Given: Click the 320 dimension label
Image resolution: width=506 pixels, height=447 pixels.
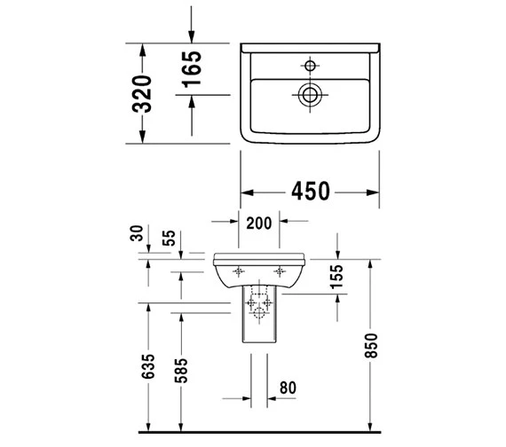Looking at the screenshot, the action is [142, 94].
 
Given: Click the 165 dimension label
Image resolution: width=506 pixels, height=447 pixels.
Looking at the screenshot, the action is [192, 69].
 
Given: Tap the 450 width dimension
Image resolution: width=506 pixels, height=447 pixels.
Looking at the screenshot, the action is [311, 192].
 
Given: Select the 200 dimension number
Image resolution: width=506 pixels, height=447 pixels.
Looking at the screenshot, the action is [259, 223].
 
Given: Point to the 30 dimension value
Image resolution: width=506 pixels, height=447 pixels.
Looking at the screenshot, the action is [137, 233].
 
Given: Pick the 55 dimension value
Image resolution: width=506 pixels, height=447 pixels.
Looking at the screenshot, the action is [169, 238].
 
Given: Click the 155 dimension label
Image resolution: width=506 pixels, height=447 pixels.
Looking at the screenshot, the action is [336, 277].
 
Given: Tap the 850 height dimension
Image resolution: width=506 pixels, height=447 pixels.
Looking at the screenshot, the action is [371, 346].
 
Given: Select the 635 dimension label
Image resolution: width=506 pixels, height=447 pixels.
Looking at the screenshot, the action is [148, 366].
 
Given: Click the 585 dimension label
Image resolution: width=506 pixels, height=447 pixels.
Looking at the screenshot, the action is [181, 371].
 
